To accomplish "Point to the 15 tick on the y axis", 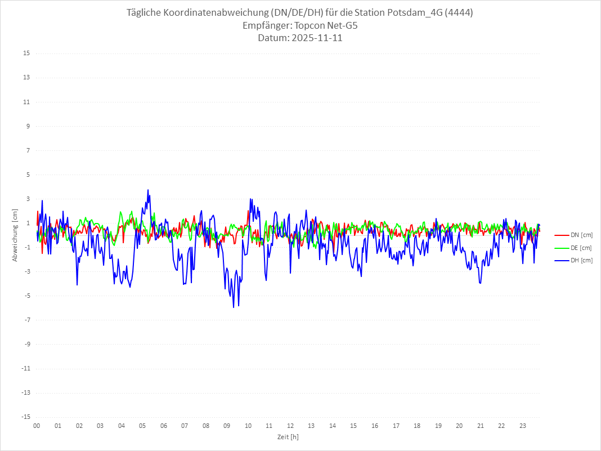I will pyautogui.click(x=26, y=53).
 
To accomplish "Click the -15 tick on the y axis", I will pyautogui.click(x=25, y=417).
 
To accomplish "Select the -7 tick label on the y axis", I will pyautogui.click(x=26, y=320).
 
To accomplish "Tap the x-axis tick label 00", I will pyautogui.click(x=37, y=426).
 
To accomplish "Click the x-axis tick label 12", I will pyautogui.click(x=290, y=426).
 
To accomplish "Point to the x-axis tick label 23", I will pyautogui.click(x=523, y=426).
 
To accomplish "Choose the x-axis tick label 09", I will pyautogui.click(x=227, y=426).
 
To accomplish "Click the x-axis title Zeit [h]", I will pyautogui.click(x=288, y=437).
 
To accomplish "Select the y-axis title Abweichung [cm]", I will pyautogui.click(x=15, y=235).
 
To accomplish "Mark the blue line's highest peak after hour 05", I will pyautogui.click(x=148, y=190).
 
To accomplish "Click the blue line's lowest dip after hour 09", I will pyautogui.click(x=234, y=307).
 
